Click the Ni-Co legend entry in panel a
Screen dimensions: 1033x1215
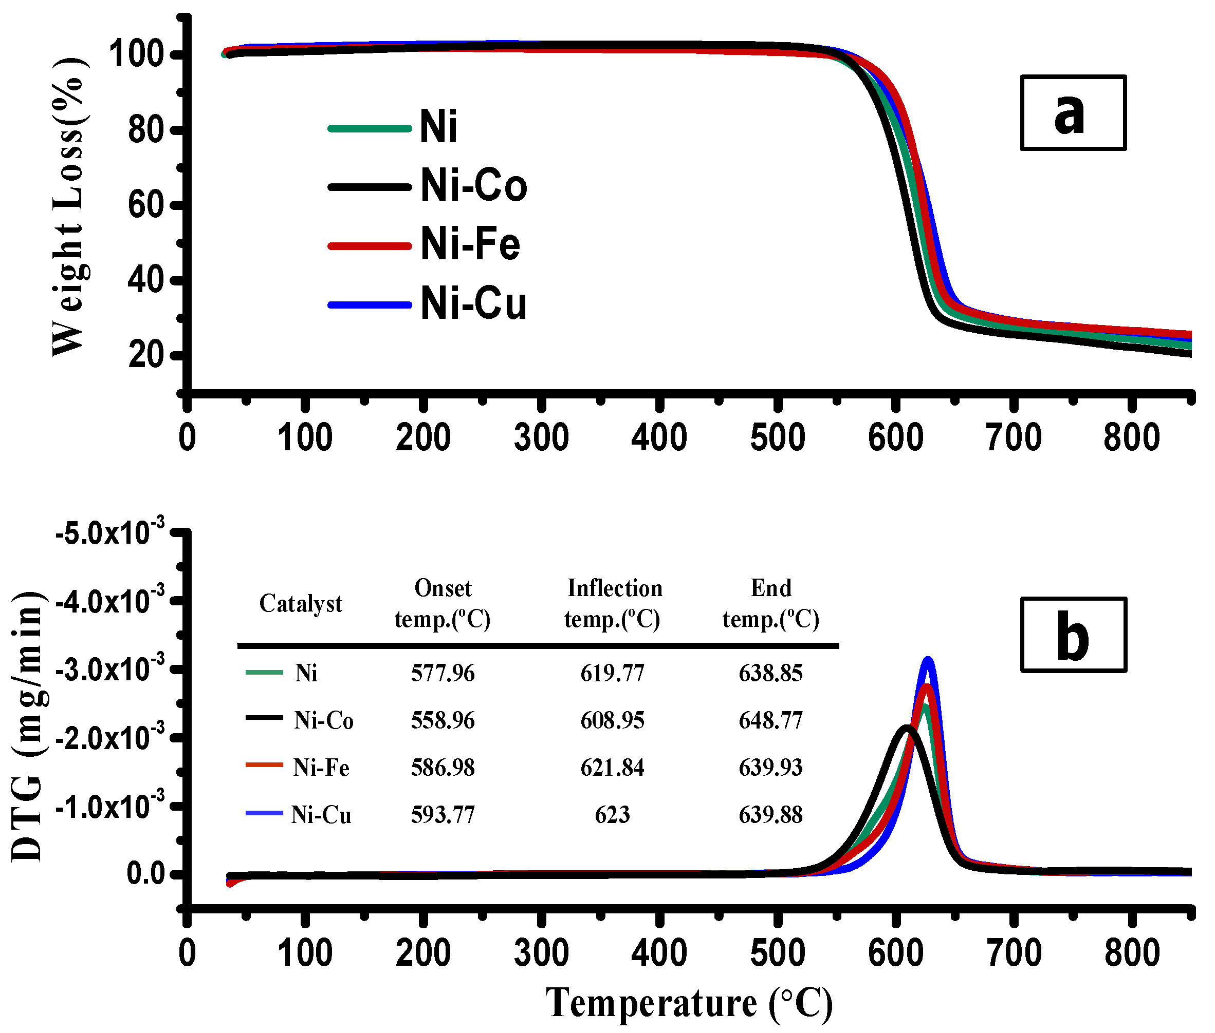click(x=473, y=186)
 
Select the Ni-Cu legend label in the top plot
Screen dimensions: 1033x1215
click(x=473, y=304)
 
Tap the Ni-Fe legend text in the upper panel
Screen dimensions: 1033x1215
click(x=470, y=244)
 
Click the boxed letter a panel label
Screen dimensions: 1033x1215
click(x=1073, y=113)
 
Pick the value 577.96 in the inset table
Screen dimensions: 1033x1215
click(x=443, y=674)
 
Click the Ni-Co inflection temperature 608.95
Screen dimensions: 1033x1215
click(x=612, y=720)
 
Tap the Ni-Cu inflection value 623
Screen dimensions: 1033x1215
click(x=612, y=815)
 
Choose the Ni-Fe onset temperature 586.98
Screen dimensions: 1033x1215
click(x=443, y=768)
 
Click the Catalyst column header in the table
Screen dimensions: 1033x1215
click(x=301, y=604)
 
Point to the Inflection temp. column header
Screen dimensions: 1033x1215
click(x=613, y=604)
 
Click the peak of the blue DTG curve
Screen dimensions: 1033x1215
click(x=928, y=660)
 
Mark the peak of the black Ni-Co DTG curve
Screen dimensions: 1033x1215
click(x=907, y=728)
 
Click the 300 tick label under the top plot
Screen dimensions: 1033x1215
click(x=541, y=438)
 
